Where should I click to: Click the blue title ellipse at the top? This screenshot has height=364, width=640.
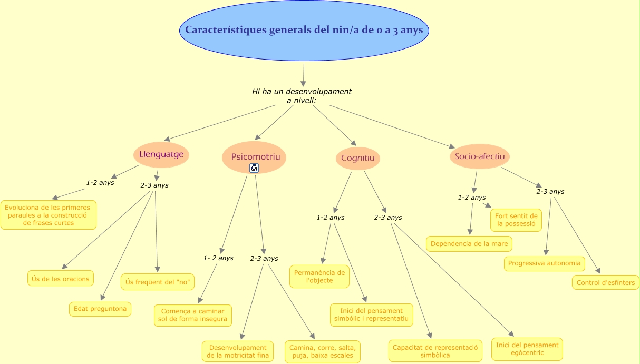click(304, 31)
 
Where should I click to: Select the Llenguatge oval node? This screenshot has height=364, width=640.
click(161, 154)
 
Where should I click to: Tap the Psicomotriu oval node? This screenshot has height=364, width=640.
click(254, 157)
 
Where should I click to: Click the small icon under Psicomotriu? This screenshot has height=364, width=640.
click(254, 168)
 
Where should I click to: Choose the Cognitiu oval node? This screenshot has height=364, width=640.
click(357, 158)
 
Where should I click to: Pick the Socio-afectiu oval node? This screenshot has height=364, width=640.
click(480, 156)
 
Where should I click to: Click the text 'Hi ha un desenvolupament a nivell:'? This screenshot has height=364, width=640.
click(302, 95)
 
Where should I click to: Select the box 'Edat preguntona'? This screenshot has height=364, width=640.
click(100, 309)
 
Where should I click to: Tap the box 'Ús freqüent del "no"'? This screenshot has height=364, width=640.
click(158, 282)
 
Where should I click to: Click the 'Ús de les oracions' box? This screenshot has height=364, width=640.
click(61, 278)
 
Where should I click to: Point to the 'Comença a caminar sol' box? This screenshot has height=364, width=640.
click(193, 315)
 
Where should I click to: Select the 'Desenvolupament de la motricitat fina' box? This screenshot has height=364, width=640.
click(238, 351)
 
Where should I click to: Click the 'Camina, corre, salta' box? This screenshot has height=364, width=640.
click(323, 351)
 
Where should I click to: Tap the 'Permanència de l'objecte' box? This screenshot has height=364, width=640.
click(319, 277)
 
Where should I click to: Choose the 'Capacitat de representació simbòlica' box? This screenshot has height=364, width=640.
click(435, 351)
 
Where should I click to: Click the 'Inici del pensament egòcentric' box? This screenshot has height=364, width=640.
click(527, 349)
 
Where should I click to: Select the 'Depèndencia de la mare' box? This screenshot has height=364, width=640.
click(469, 244)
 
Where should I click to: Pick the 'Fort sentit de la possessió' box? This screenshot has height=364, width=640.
click(516, 220)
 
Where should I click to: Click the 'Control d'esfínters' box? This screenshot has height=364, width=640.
click(606, 282)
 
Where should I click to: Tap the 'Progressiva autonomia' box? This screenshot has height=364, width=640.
click(544, 263)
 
